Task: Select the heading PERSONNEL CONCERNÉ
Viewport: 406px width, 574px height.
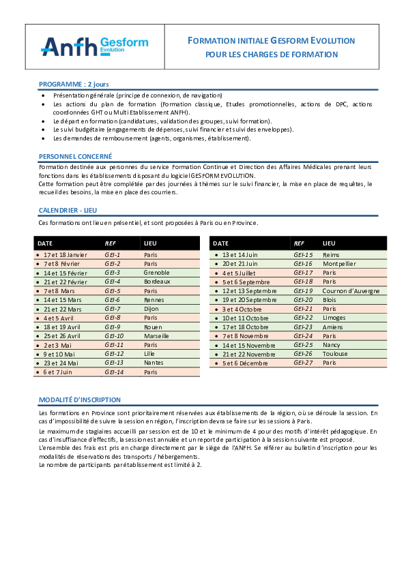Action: [x=66, y=156]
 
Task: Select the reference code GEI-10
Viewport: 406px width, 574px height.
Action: [x=114, y=336]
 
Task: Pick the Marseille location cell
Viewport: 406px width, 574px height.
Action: [x=157, y=336]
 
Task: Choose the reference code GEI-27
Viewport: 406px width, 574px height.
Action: [x=303, y=363]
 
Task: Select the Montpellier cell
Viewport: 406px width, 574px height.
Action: [x=339, y=263]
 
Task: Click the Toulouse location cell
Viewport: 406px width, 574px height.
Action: [x=334, y=354]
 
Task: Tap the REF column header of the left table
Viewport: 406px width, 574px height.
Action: [x=110, y=243]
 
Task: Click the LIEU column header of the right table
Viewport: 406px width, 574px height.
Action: [x=329, y=243]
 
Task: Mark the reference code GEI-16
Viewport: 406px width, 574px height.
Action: [x=303, y=263]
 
